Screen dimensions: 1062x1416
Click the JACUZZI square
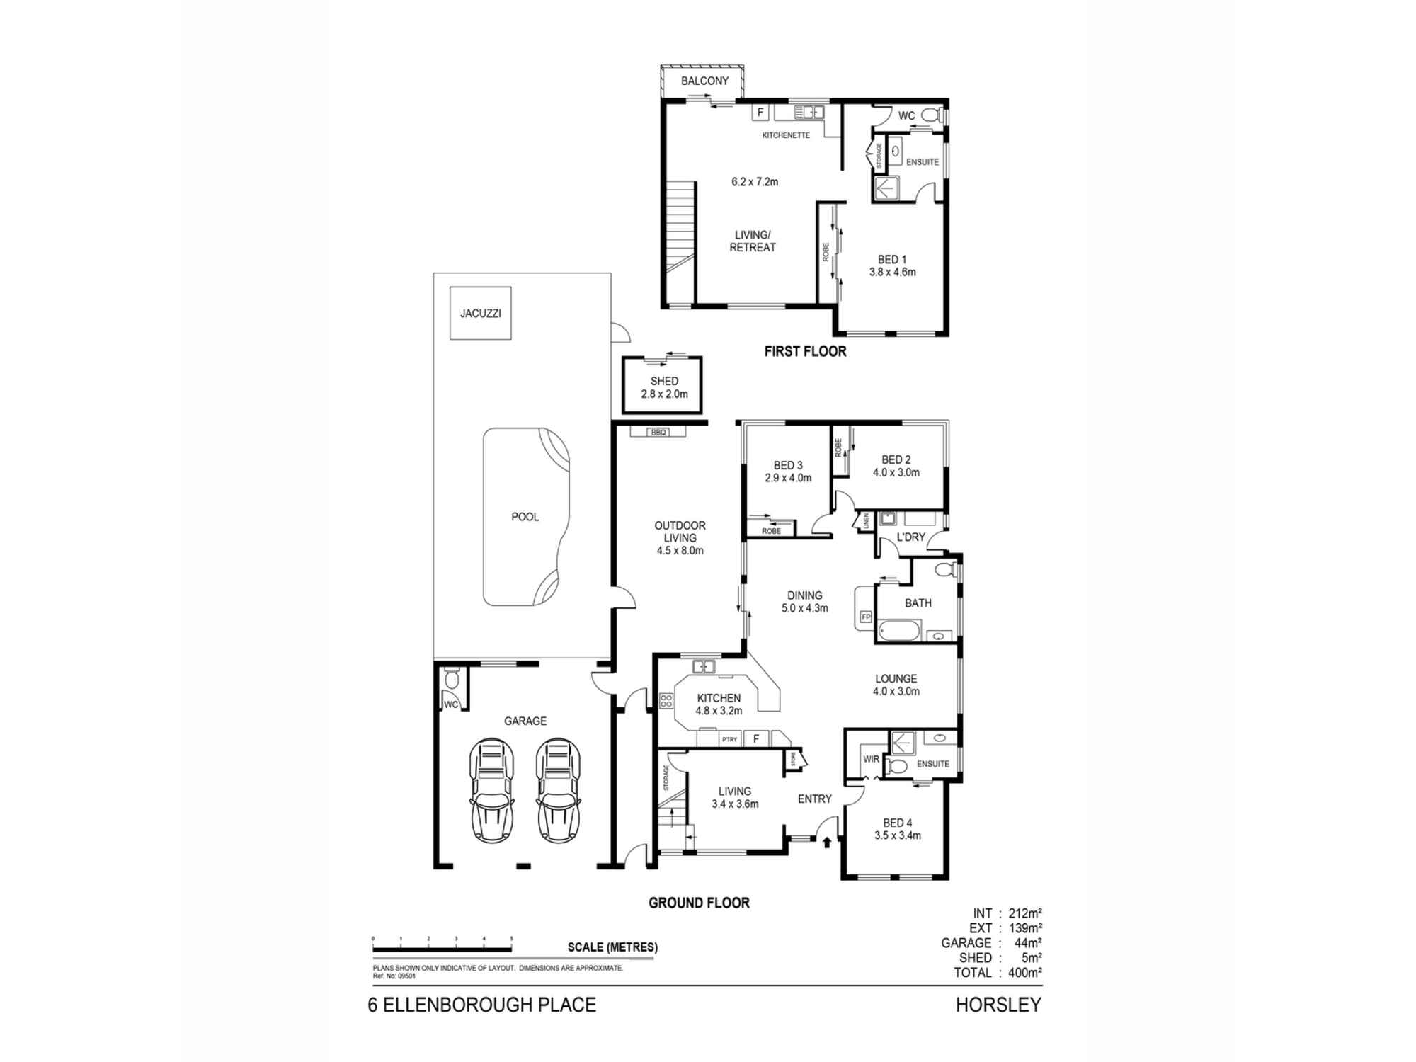click(x=481, y=313)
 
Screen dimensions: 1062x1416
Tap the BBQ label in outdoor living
click(x=658, y=432)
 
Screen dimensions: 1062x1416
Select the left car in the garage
click(x=491, y=791)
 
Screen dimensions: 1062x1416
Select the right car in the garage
click(x=559, y=791)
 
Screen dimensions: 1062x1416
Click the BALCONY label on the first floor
click(x=704, y=81)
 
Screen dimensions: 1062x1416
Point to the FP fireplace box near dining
click(x=865, y=617)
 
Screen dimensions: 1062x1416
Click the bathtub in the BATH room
click(x=899, y=630)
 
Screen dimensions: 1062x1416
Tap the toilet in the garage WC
click(x=451, y=680)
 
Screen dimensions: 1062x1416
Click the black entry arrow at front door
click(x=828, y=842)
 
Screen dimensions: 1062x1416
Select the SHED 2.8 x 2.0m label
click(x=664, y=387)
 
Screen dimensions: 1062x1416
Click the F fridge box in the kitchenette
click(x=760, y=113)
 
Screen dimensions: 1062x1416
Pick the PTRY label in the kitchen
click(x=729, y=739)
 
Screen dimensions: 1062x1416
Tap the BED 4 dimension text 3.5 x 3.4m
click(x=898, y=835)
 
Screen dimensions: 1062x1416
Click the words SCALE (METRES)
click(x=612, y=947)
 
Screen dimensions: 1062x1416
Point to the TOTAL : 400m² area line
click(x=997, y=973)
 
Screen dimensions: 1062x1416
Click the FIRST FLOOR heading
click(x=805, y=351)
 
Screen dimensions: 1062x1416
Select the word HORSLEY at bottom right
click(x=998, y=1005)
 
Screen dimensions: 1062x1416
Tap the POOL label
click(x=525, y=517)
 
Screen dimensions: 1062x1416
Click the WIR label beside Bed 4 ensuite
click(x=871, y=759)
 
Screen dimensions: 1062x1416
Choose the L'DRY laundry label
click(x=910, y=537)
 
